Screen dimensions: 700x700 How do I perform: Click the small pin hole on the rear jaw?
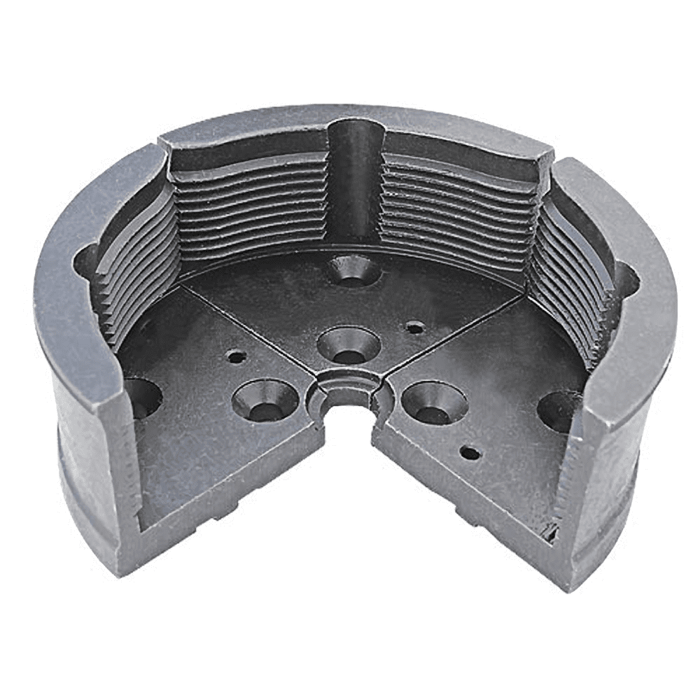(415, 327)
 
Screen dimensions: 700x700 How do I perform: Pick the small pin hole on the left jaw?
(237, 357)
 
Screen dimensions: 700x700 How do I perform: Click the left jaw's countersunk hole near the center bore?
(265, 400)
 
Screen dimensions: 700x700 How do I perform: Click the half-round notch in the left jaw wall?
(87, 259)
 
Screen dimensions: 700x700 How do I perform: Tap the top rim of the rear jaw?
(350, 119)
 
